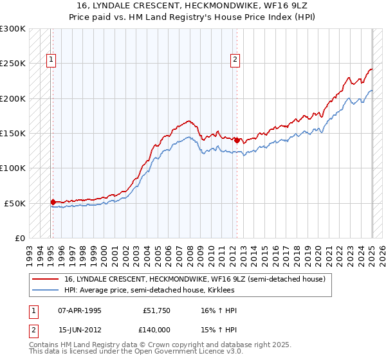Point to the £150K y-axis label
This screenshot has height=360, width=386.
(x=13, y=134)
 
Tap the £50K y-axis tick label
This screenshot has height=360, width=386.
(x=15, y=203)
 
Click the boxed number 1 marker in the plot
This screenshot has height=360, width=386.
(x=51, y=60)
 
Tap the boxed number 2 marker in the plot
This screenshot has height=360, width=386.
(x=235, y=60)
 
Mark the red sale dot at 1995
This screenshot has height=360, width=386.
(x=53, y=202)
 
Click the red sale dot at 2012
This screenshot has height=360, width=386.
(x=236, y=140)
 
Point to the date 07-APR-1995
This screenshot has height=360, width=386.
(x=80, y=310)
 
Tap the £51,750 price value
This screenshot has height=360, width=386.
(x=157, y=310)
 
